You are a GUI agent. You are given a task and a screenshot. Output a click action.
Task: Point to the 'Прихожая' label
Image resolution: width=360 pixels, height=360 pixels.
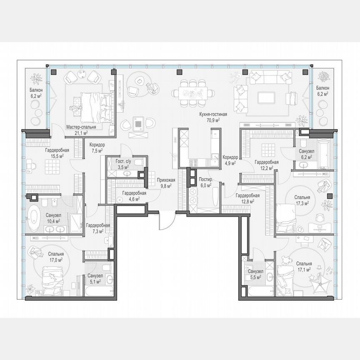[x=166, y=180]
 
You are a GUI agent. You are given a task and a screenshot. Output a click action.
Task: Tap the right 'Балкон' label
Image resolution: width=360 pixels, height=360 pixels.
[x=322, y=88]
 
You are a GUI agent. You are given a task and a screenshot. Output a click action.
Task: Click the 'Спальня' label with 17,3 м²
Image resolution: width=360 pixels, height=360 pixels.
[x=302, y=197]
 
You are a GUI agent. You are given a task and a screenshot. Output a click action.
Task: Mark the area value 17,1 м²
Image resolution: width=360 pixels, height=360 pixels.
[x=304, y=270]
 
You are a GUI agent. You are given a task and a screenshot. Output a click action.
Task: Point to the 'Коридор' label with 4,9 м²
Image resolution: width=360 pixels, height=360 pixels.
[x=230, y=157]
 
